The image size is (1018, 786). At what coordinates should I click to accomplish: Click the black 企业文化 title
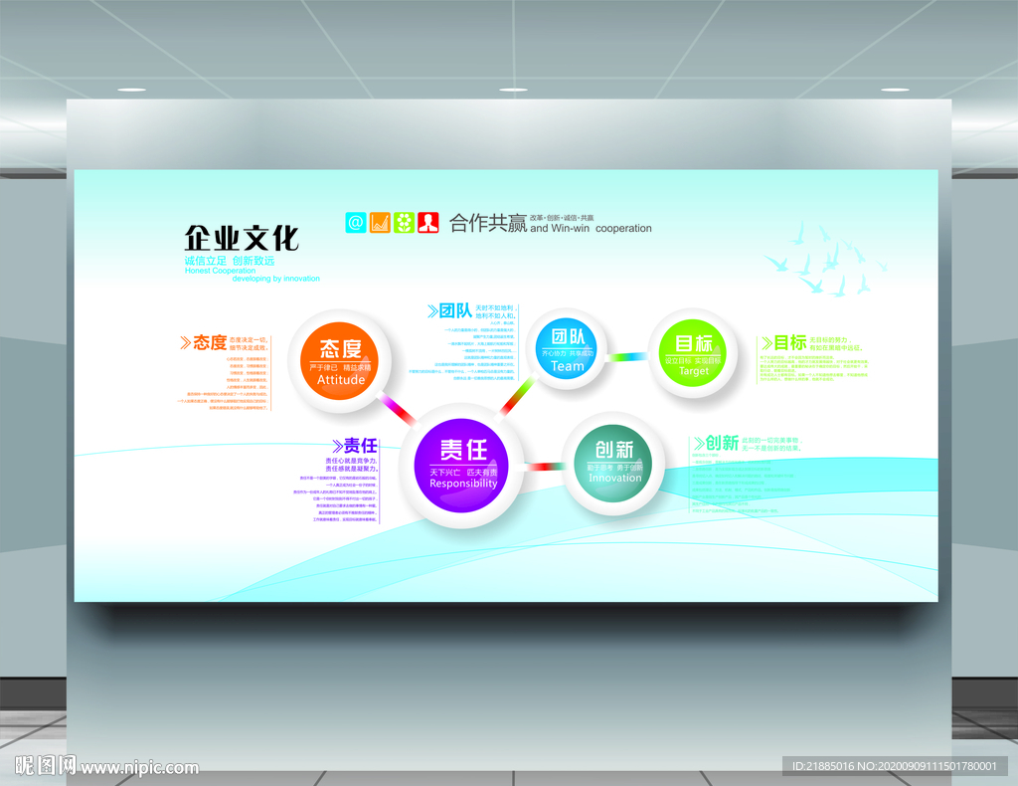[242, 239]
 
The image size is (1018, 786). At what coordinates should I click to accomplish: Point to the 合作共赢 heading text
[487, 223]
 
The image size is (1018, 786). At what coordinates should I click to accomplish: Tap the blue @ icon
[356, 222]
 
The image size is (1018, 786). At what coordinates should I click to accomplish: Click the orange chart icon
[380, 222]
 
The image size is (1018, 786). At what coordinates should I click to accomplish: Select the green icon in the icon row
[404, 222]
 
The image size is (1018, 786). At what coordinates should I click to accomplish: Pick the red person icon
[428, 222]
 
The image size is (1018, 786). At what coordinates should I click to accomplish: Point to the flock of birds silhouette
[824, 262]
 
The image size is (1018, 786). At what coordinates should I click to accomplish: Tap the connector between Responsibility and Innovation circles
[543, 466]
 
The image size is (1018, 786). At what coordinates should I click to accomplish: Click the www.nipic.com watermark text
[139, 768]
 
